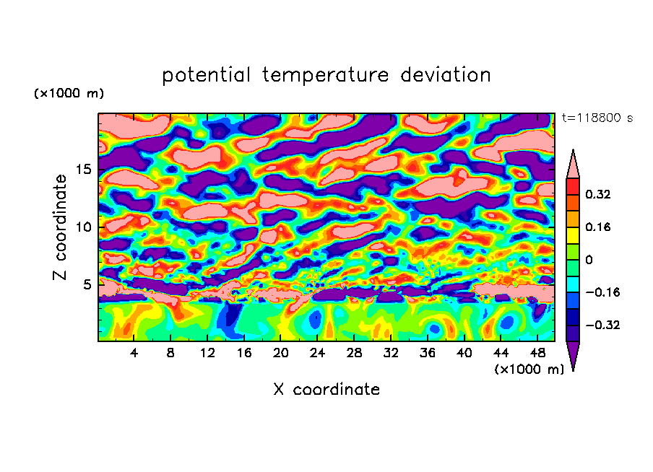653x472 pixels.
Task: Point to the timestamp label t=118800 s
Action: point(597,118)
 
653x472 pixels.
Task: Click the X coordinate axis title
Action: point(326,390)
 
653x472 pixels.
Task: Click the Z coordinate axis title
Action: point(60,227)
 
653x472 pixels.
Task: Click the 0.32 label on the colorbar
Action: point(598,194)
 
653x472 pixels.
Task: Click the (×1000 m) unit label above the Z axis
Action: point(69,94)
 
